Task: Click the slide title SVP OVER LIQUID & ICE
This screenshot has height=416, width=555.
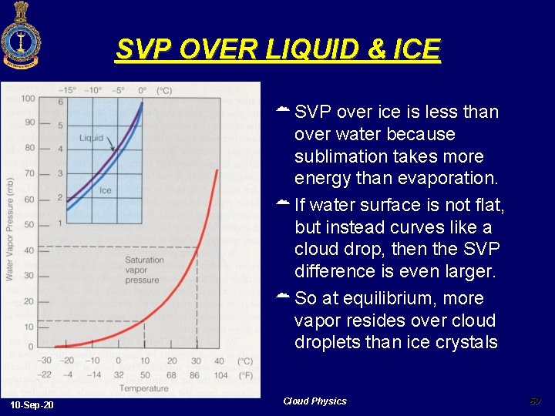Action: (277, 50)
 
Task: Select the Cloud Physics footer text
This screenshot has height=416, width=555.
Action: (314, 401)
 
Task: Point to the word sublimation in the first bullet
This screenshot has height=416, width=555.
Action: (339, 156)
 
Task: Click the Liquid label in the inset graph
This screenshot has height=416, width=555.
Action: (91, 139)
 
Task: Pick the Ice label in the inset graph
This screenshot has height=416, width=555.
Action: (105, 190)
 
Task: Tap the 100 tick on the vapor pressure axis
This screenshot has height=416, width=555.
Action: (28, 99)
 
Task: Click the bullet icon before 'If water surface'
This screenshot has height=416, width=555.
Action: (283, 204)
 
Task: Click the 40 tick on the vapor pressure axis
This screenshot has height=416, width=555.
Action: (29, 250)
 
